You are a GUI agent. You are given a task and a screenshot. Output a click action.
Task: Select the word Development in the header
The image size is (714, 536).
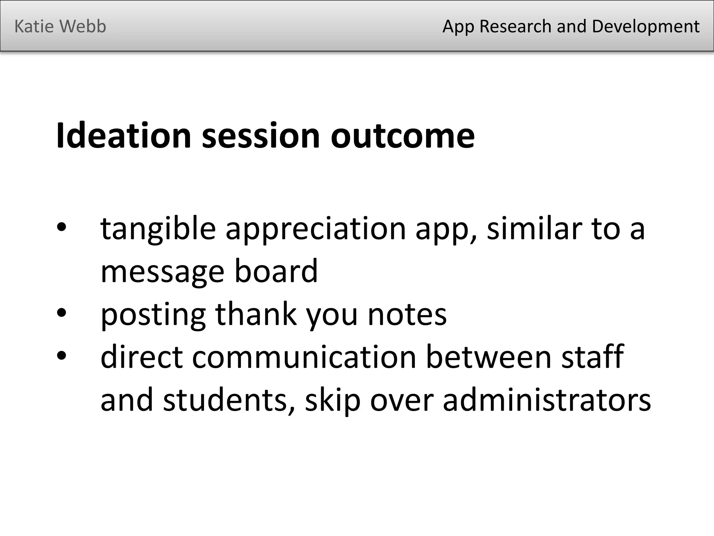click(645, 27)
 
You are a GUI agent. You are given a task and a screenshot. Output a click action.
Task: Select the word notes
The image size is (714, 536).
click(407, 314)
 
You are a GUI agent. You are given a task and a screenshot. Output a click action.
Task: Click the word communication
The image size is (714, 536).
click(304, 357)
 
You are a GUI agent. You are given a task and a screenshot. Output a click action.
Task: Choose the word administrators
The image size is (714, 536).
click(546, 400)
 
